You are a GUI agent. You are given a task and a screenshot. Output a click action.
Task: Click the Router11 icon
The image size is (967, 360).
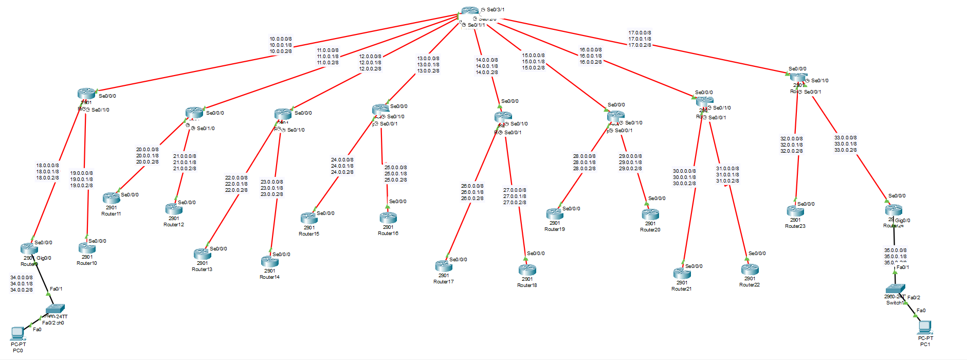click(x=111, y=198)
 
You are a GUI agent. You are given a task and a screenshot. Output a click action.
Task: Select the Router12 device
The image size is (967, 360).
click(x=174, y=208)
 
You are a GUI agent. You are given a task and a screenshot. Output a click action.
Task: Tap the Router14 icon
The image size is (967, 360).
click(x=270, y=261)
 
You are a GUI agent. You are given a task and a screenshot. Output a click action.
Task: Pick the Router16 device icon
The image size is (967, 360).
click(x=388, y=218)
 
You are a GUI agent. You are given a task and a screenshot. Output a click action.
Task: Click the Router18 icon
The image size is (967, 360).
click(x=527, y=269)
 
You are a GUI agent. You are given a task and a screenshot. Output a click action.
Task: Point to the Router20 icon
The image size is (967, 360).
click(x=650, y=214)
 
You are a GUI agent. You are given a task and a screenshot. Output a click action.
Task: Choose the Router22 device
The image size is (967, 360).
click(x=750, y=269)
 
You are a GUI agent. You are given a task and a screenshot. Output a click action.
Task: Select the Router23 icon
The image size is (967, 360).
click(x=795, y=210)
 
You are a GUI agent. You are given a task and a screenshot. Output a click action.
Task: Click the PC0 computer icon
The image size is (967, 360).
click(x=17, y=334)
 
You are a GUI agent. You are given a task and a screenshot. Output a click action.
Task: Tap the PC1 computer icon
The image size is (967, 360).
click(x=925, y=327)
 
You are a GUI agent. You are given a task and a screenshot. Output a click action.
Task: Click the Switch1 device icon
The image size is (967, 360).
click(x=895, y=289)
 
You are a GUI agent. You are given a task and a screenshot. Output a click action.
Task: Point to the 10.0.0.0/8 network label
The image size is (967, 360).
click(x=281, y=39)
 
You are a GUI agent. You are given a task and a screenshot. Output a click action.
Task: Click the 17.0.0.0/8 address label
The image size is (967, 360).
click(x=640, y=33)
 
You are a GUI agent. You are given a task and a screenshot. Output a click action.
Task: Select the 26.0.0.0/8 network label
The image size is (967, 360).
click(x=472, y=186)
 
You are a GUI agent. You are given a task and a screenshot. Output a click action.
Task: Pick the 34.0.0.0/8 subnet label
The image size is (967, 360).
click(x=22, y=278)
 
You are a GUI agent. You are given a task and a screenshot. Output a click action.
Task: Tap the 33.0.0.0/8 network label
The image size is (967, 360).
click(x=845, y=138)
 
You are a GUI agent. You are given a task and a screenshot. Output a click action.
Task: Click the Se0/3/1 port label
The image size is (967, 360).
click(x=496, y=10)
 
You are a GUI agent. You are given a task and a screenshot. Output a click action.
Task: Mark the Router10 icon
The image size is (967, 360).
click(x=87, y=248)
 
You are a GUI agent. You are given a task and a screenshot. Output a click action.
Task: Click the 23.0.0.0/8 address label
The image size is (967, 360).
click(x=271, y=182)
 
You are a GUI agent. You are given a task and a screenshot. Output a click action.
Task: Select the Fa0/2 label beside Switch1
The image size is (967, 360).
click(x=914, y=298)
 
